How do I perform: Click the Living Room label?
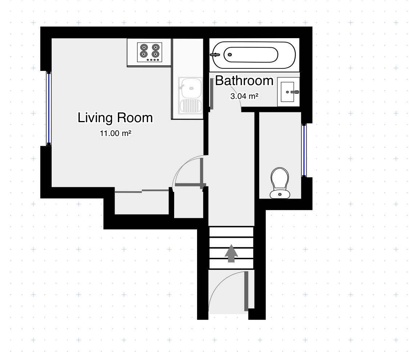click(x=115, y=118)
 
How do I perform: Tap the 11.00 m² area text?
click(x=115, y=133)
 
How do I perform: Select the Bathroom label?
click(x=244, y=81)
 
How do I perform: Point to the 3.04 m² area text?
click(x=244, y=96)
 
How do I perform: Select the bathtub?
click(x=253, y=55)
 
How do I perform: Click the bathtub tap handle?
click(x=215, y=55)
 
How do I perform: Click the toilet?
click(x=280, y=183)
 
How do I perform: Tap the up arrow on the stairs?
click(x=231, y=253)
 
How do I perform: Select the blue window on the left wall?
click(x=49, y=108)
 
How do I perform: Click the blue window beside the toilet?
click(x=304, y=150)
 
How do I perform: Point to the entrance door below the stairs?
click(x=246, y=291)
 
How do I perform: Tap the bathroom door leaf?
click(x=211, y=94)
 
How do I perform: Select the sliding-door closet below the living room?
click(x=141, y=203)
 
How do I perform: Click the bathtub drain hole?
click(x=229, y=55)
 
